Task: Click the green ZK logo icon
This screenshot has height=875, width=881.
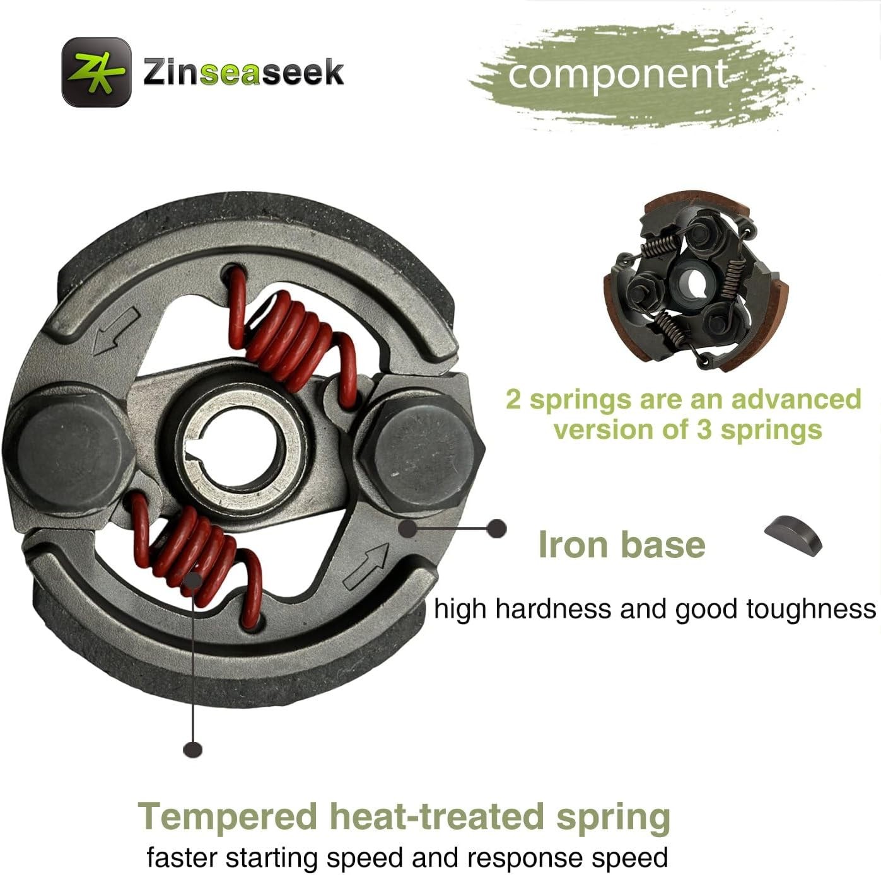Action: [96, 71]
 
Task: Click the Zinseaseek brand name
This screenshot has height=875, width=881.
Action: [243, 72]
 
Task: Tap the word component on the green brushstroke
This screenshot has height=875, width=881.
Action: [617, 74]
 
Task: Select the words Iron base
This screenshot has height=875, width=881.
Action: [621, 545]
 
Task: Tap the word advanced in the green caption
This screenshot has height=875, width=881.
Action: [796, 400]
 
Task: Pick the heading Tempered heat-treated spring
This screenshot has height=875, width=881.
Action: [404, 816]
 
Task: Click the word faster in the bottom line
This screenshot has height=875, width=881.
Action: [182, 858]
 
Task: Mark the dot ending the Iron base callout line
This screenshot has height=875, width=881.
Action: [497, 528]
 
